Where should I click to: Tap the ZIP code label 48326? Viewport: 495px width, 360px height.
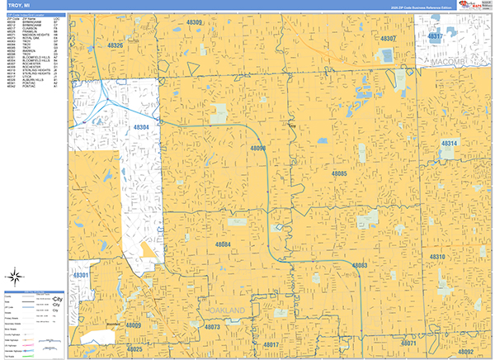[x=115, y=45]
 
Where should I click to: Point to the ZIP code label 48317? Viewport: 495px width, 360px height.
[x=435, y=37]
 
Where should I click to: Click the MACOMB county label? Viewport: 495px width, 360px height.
[x=447, y=61]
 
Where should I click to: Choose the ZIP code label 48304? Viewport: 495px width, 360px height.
[x=141, y=128]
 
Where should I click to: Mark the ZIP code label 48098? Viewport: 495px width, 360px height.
[x=257, y=148]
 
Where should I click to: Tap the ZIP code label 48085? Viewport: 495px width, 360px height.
[x=339, y=174]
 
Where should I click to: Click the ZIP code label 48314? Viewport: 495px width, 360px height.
[x=449, y=144]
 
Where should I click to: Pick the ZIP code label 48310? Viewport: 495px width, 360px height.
[x=437, y=258]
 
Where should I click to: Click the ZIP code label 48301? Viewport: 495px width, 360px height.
[x=80, y=274]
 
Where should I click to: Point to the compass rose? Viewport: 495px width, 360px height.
[x=16, y=277]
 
